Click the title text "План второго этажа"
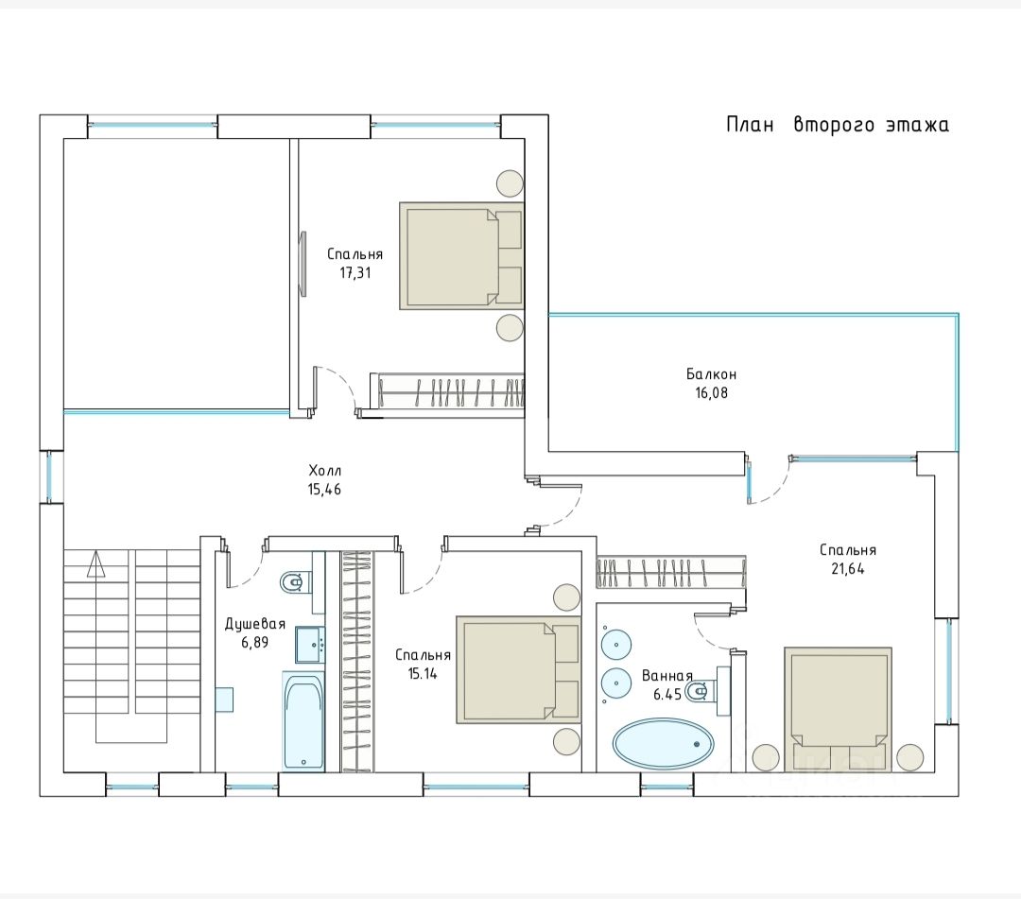click(x=838, y=125)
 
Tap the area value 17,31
click(x=355, y=273)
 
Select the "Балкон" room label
click(x=711, y=374)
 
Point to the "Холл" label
click(x=325, y=470)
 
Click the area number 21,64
click(x=848, y=568)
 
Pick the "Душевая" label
click(x=255, y=624)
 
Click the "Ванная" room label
click(x=666, y=676)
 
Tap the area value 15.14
click(x=423, y=674)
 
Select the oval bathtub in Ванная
click(x=663, y=744)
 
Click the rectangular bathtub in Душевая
click(x=303, y=720)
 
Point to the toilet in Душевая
click(x=292, y=581)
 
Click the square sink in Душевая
click(x=310, y=645)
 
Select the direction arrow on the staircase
click(x=95, y=563)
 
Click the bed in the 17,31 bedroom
click(x=461, y=256)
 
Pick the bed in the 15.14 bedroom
click(x=518, y=670)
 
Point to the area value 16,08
click(x=711, y=392)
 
